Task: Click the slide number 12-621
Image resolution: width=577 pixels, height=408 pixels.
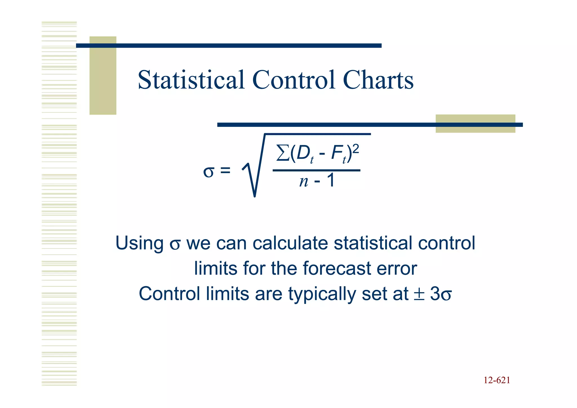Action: coord(497,380)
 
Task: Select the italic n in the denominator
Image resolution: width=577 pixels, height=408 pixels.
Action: coord(304,181)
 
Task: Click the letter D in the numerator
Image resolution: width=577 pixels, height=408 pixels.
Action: coord(303,154)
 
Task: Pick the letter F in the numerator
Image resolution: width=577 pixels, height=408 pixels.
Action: coord(336,154)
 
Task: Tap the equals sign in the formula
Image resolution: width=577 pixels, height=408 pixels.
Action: coord(225,170)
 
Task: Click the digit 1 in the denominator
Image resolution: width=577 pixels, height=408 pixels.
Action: coord(331,180)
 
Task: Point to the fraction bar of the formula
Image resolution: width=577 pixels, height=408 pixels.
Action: coord(316,170)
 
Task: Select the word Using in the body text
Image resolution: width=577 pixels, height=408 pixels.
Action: coord(139,243)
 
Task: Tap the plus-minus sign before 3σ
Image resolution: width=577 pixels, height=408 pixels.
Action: coord(419,294)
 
